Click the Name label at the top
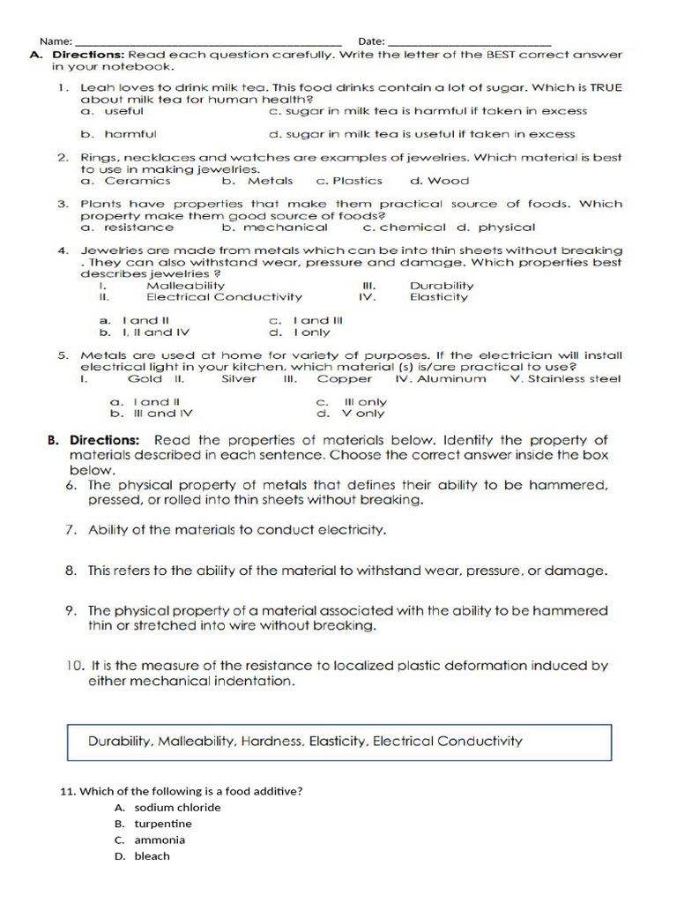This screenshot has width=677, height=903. click(x=55, y=41)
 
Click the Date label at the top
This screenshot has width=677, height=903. click(x=371, y=41)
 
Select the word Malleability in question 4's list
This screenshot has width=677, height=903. click(x=185, y=286)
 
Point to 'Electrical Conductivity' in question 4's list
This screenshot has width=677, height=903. click(x=224, y=297)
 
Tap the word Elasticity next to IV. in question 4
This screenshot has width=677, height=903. click(x=439, y=297)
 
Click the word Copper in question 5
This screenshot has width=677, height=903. click(x=345, y=379)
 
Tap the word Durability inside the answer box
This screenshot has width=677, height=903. click(x=121, y=742)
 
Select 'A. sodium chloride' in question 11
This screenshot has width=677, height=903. click(x=167, y=807)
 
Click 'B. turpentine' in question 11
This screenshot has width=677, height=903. click(x=153, y=824)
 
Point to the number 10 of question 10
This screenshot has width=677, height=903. click(x=72, y=666)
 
